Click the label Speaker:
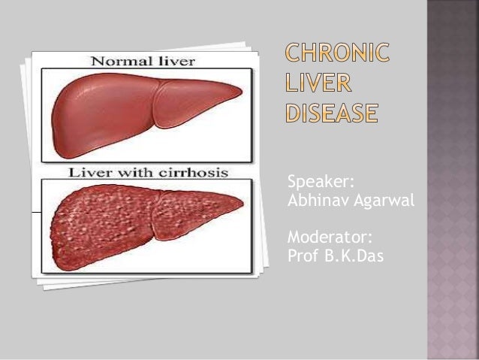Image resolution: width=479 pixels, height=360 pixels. pyautogui.click(x=312, y=183)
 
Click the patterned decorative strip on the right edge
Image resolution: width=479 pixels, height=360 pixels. pyautogui.click(x=453, y=180)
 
